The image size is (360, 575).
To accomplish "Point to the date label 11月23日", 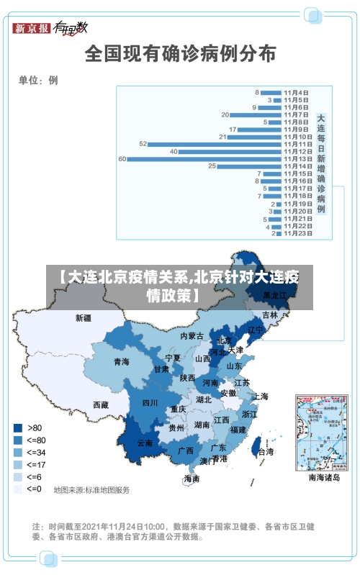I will [x=297, y=233].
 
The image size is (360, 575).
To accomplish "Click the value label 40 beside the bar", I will [x=174, y=151].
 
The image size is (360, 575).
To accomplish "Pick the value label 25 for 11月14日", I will [x=212, y=166].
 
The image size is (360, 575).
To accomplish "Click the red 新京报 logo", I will [x=32, y=28].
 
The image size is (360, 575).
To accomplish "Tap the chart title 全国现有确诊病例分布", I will [x=180, y=53].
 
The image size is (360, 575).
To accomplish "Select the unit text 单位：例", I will [x=38, y=81].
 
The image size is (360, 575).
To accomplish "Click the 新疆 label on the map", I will [x=84, y=317].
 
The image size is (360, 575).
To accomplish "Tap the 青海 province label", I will [x=121, y=362].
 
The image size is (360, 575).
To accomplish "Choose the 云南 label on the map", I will [x=145, y=443].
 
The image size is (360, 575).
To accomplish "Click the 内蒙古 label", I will [x=192, y=336].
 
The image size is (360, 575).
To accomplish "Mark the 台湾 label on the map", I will [x=266, y=452].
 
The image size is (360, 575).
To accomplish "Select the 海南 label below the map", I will [x=192, y=478].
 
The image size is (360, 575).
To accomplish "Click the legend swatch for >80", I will [x=17, y=427].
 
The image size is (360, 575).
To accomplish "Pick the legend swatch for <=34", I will [x=17, y=452].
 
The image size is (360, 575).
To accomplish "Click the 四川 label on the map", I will [x=150, y=403].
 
